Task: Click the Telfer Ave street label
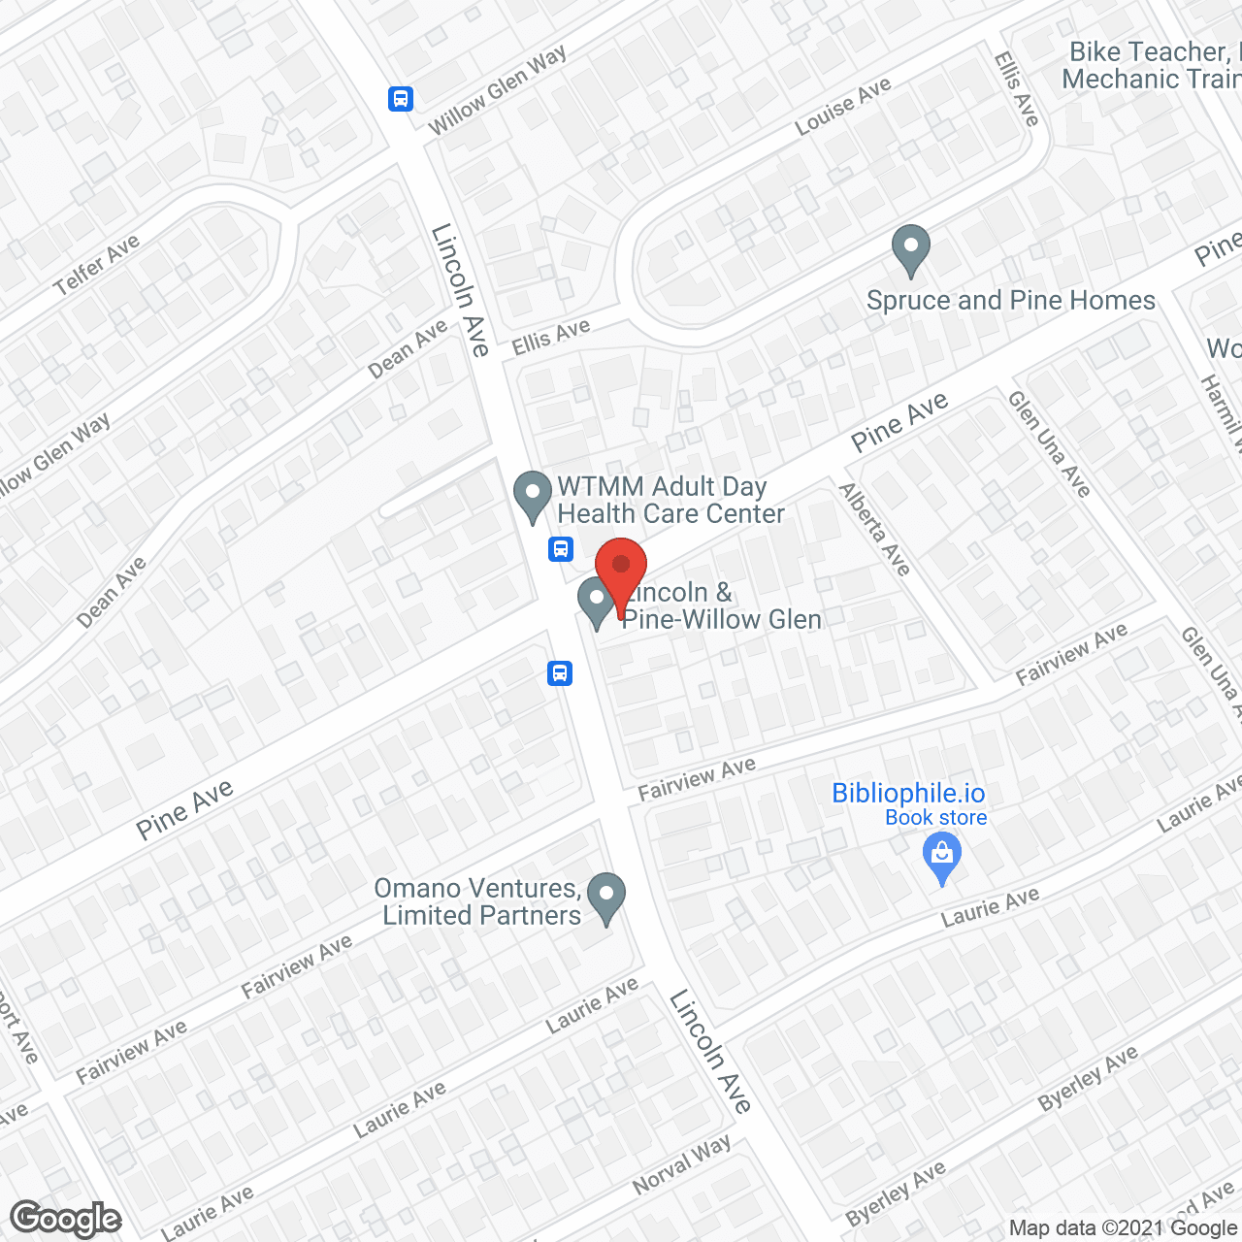click(96, 265)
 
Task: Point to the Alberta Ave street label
click(874, 529)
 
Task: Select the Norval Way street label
click(682, 1164)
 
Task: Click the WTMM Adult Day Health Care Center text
click(670, 500)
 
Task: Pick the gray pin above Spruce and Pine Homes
click(910, 249)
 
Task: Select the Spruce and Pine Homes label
click(1010, 301)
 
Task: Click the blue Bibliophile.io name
click(908, 793)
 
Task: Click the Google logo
click(65, 1219)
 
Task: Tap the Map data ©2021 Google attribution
click(1124, 1228)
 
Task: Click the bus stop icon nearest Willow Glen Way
click(401, 98)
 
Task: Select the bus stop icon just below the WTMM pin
click(561, 549)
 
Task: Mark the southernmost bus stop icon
click(559, 672)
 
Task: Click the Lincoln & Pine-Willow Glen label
click(721, 605)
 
